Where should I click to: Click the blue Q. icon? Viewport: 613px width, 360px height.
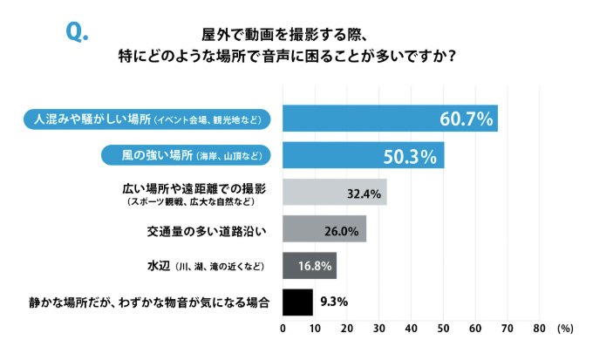[x=78, y=32]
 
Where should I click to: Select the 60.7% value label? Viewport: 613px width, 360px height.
[x=466, y=119]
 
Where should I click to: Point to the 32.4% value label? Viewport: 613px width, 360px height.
[x=363, y=194]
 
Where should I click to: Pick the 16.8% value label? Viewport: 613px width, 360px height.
[x=313, y=265]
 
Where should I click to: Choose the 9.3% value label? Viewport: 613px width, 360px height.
[x=334, y=302]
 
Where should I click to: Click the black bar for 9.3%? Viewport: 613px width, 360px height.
[x=297, y=302]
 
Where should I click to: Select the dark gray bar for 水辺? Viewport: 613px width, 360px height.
[x=310, y=265]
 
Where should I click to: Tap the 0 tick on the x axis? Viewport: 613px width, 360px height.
[x=283, y=329]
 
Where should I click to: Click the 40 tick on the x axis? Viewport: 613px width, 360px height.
[x=411, y=329]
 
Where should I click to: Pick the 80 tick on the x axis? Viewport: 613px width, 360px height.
[x=538, y=329]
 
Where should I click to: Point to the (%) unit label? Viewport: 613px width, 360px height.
[x=564, y=329]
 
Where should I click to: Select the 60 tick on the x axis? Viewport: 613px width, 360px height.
[x=474, y=329]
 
